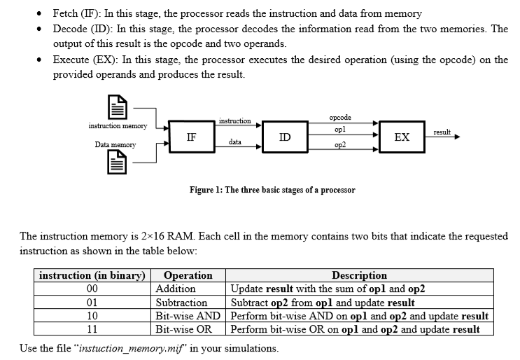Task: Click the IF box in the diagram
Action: pos(191,138)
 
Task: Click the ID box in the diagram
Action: pos(285,137)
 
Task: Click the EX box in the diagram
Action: pos(402,137)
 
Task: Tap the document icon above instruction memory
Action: pos(116,109)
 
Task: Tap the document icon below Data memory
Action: pos(116,165)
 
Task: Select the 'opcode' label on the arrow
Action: pos(339,118)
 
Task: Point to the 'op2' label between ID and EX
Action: pos(340,144)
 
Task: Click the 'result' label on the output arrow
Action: pos(442,132)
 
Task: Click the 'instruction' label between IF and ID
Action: pos(235,121)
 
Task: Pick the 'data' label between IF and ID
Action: pos(235,141)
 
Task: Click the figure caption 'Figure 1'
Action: pos(272,190)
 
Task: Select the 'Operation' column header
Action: pos(188,275)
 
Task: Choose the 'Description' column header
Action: pos(359,275)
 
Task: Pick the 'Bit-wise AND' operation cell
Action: pos(188,316)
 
